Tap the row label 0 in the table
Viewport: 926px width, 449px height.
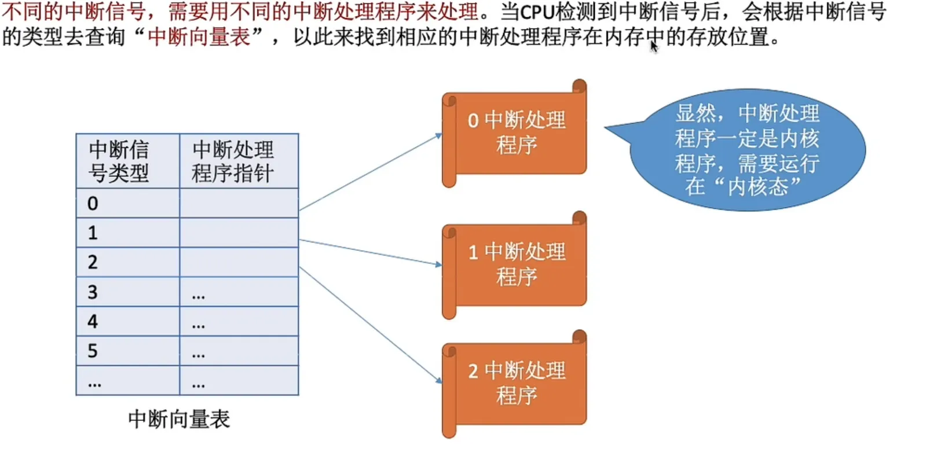point(93,203)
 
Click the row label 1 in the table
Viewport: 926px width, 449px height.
point(93,233)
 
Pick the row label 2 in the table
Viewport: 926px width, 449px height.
point(93,262)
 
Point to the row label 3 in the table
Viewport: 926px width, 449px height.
point(93,292)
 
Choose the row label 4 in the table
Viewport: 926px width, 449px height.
point(93,321)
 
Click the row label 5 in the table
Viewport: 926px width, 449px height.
point(93,351)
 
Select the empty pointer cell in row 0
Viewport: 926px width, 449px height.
point(239,203)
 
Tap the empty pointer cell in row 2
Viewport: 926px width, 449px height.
point(239,262)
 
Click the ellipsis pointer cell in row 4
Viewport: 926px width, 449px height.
point(239,321)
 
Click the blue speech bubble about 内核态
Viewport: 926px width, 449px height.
point(747,150)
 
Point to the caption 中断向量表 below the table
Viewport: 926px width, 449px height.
point(179,419)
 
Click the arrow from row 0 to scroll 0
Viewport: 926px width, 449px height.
point(371,172)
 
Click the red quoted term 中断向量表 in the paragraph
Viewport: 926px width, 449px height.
point(199,37)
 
